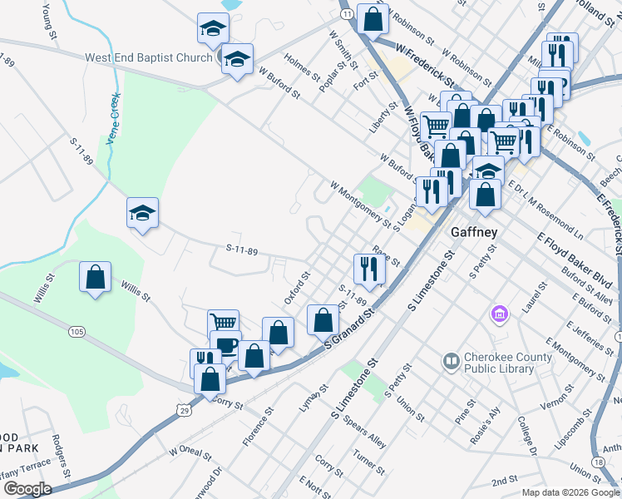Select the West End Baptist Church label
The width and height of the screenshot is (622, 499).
point(149,58)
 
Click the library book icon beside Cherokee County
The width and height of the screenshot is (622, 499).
point(452,362)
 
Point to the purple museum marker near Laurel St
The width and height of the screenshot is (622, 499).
point(499,314)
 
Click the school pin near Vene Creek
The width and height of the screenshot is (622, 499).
point(142,213)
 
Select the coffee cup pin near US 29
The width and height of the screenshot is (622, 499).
point(225,343)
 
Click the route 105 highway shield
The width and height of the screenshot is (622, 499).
point(77,333)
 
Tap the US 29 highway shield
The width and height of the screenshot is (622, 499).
point(182,409)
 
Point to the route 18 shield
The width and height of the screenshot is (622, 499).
point(599,462)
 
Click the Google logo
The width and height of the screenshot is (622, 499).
point(27,489)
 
